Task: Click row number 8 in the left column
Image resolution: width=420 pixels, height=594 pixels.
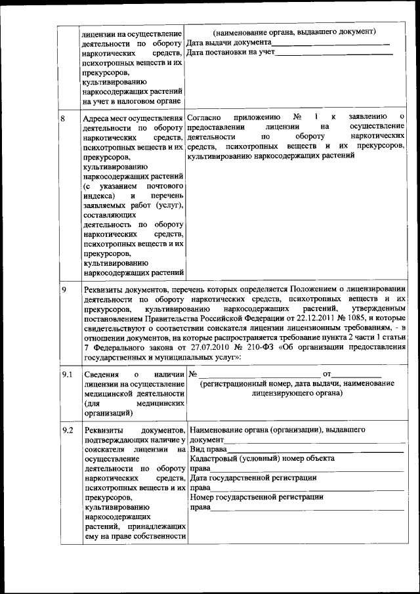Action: [63, 118]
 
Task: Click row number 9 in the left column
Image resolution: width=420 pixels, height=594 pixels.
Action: [63, 289]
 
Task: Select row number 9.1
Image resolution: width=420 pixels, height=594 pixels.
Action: [66, 374]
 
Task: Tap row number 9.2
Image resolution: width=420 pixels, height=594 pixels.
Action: [66, 430]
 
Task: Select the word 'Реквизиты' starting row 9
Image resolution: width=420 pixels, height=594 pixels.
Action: [104, 289]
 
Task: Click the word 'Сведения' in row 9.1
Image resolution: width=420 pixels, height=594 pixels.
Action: [101, 374]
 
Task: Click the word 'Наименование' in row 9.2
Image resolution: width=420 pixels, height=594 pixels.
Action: [217, 430]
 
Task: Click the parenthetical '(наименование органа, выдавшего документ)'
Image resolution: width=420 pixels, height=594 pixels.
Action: [294, 32]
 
